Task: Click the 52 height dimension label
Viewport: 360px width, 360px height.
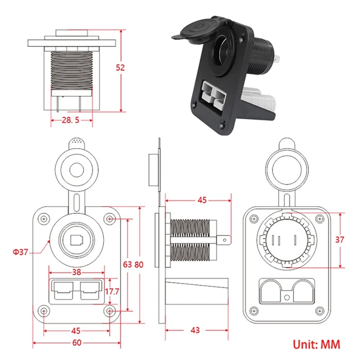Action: tap(120, 67)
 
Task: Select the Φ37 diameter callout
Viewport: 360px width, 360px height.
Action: tap(21, 252)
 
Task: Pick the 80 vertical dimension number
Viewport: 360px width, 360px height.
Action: tap(138, 264)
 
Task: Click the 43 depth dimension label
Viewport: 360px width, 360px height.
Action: tap(194, 330)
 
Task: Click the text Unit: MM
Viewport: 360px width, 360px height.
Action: tap(317, 344)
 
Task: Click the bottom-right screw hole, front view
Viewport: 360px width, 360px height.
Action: tap(110, 311)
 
